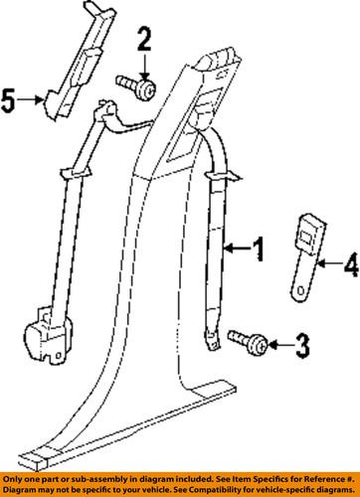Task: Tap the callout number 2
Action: tap(143, 40)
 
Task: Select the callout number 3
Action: tap(301, 345)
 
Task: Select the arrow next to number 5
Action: tap(32, 98)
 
